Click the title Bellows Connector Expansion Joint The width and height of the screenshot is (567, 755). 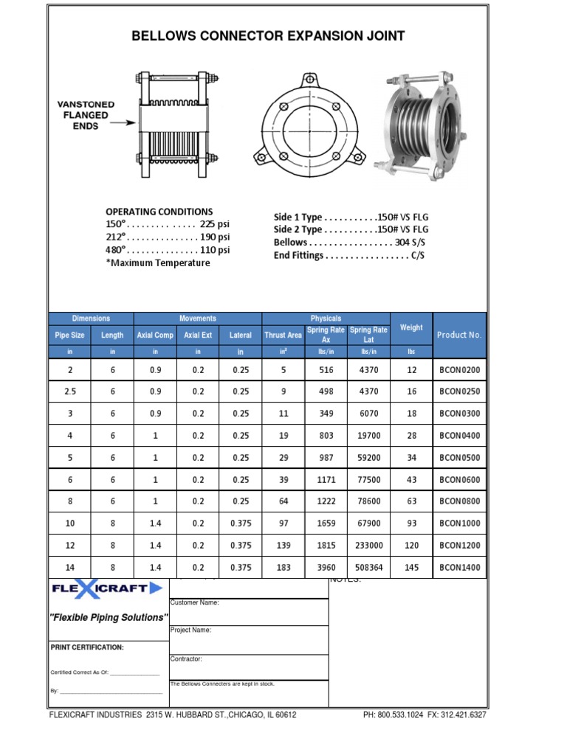(x=268, y=36)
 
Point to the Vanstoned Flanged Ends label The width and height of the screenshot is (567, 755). (x=86, y=115)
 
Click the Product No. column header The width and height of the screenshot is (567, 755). (x=459, y=335)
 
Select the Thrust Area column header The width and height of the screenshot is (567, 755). (x=283, y=335)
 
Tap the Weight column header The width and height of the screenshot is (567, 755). (x=411, y=327)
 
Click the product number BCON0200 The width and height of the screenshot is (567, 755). (x=459, y=369)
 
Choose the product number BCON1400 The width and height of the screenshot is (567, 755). (x=459, y=568)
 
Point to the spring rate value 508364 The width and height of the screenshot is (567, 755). (x=368, y=568)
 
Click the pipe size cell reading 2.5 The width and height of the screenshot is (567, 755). (x=70, y=392)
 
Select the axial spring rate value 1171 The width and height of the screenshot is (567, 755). (x=326, y=480)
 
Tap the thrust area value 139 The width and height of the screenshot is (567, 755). (x=283, y=546)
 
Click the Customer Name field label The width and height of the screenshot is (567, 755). (x=194, y=602)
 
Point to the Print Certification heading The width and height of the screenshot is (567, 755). (x=87, y=647)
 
